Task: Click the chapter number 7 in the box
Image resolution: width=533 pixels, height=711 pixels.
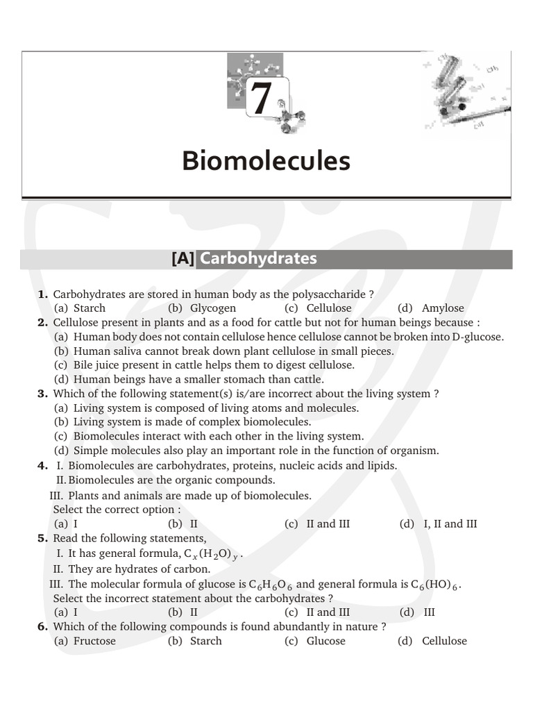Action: [x=261, y=98]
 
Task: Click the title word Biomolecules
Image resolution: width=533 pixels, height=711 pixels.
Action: [x=266, y=161]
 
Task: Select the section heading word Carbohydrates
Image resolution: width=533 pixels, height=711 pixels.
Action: [x=258, y=259]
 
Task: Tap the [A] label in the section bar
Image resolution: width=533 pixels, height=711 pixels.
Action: [x=183, y=259]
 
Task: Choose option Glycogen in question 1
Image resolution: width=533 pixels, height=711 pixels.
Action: [x=212, y=308]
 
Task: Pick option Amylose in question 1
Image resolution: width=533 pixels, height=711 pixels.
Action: [x=443, y=308]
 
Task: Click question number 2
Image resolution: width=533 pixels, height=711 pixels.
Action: [x=42, y=323]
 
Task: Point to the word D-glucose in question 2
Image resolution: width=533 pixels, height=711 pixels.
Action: [x=477, y=337]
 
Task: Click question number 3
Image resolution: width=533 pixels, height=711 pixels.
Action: [x=42, y=394]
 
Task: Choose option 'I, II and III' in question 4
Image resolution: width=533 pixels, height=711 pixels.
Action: [x=450, y=524]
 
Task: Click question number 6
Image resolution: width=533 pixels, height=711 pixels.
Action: [x=42, y=626]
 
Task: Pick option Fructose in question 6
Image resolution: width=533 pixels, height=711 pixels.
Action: [x=94, y=641]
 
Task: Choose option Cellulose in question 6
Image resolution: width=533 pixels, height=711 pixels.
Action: [x=444, y=641]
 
